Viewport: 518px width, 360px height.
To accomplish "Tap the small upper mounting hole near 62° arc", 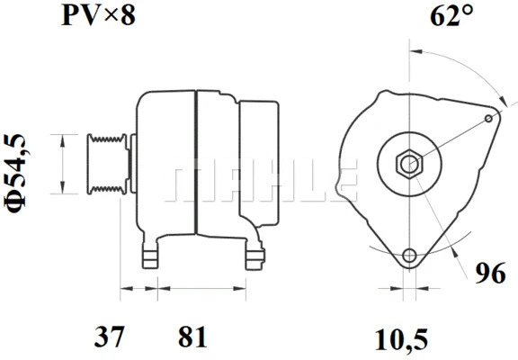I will pos(488,118).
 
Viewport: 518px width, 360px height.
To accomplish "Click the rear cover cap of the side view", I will pos(262,162).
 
